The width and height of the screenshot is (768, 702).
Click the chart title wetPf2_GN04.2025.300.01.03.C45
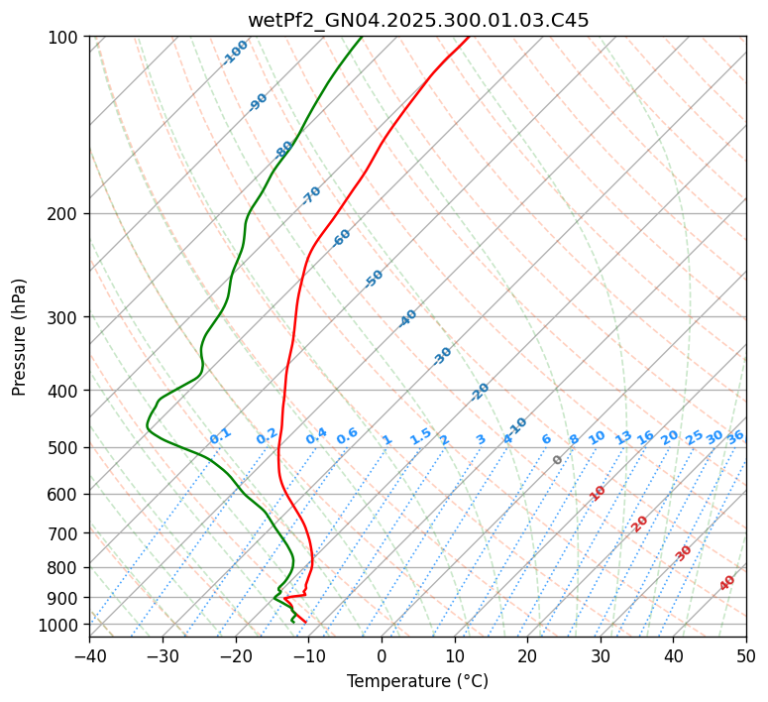(417, 21)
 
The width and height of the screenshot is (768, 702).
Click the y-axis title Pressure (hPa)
(20, 336)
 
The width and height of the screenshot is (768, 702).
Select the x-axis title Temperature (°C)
(417, 681)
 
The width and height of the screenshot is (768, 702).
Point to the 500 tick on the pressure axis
(65, 448)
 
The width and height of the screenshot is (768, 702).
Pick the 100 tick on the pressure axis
(65, 38)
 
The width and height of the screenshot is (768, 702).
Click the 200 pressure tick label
(65, 214)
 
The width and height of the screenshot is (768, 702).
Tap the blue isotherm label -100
(236, 53)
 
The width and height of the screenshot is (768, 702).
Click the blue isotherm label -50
(374, 279)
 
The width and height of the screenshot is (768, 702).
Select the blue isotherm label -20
(480, 392)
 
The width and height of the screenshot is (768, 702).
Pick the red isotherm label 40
(727, 583)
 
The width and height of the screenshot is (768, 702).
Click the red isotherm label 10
(598, 493)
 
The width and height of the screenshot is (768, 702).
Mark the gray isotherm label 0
(558, 460)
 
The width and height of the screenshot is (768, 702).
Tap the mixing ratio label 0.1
(220, 436)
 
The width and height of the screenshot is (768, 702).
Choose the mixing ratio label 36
(735, 437)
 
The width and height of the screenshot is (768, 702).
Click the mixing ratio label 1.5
(420, 436)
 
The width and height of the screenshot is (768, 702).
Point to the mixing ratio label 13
(623, 437)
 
